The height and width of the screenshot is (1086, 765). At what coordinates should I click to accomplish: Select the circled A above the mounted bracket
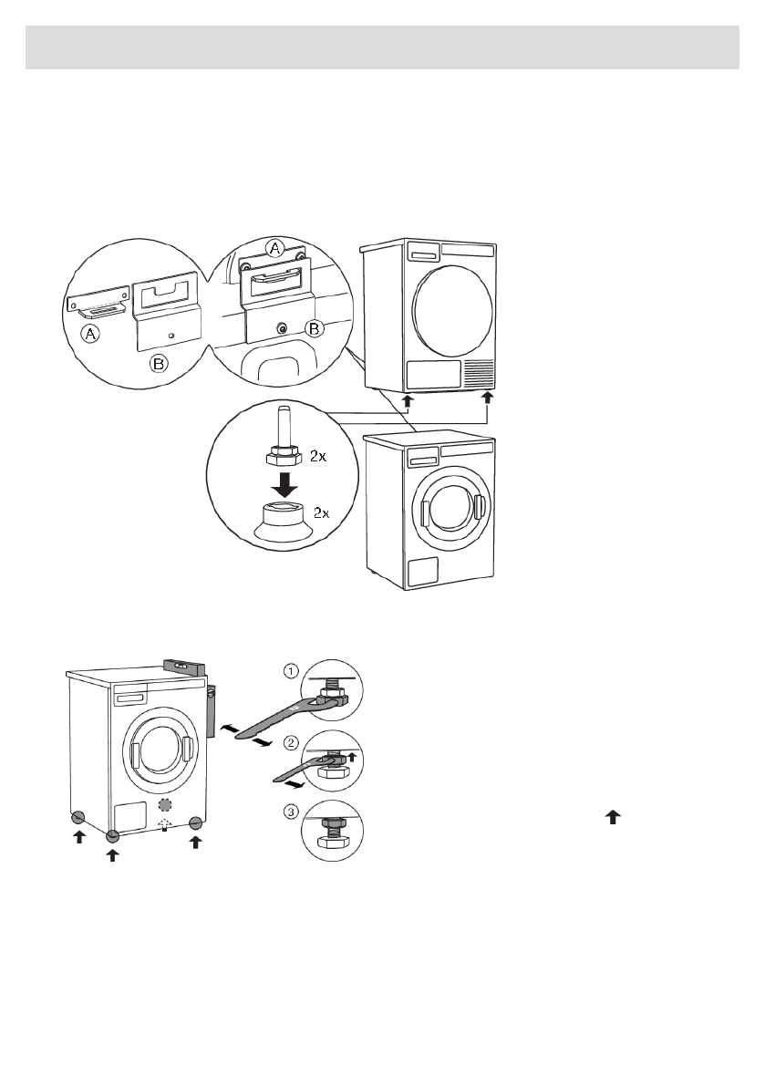274,248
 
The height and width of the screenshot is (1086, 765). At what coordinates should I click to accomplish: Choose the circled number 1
289,672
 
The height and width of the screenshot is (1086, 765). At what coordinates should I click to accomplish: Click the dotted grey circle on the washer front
165,804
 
